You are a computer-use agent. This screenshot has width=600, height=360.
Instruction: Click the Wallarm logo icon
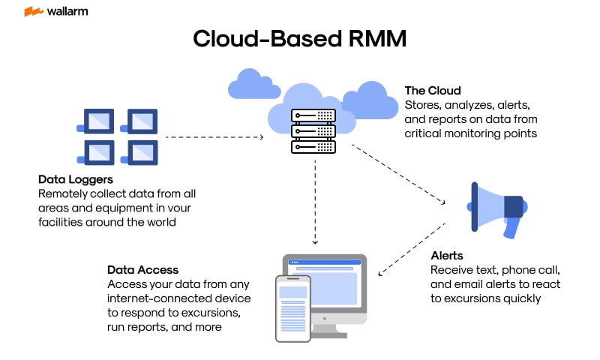33,12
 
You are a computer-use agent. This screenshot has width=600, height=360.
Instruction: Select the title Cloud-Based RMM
300,38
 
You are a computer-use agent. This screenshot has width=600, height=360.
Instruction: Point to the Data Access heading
142,269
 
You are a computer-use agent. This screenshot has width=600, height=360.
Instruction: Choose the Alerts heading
447,255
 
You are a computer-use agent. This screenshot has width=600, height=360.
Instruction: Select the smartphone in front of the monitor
293,308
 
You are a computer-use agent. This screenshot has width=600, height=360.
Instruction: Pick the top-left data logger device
96,120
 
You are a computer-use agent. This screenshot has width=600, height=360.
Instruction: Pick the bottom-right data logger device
139,151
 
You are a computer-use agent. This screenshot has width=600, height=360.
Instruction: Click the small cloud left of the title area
247,84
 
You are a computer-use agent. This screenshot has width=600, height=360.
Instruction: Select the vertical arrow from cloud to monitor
315,202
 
